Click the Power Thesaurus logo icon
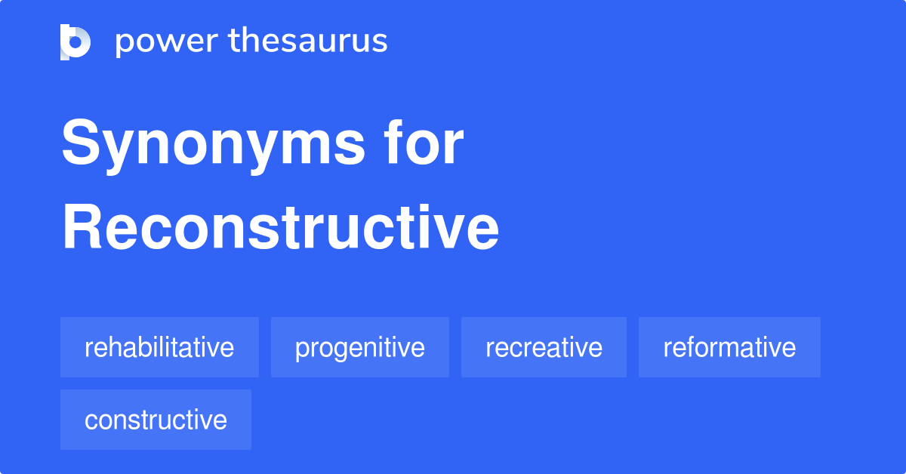75,42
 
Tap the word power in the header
167,42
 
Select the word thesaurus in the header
308,40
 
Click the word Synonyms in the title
213,145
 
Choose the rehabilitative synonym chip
160,347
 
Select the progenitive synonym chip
360,347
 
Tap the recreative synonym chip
544,347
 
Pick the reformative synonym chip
729,347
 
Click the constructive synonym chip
156,420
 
